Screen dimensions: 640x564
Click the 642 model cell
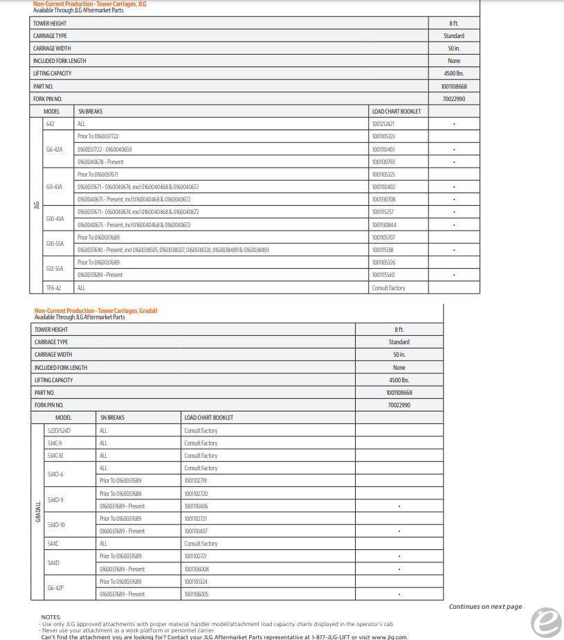pyautogui.click(x=51, y=124)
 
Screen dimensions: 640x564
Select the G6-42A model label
pyautogui.click(x=54, y=149)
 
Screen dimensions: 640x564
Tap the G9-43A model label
pyautogui.click(x=54, y=187)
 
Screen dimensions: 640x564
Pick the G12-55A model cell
pyautogui.click(x=55, y=269)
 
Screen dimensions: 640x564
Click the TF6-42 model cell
pyautogui.click(x=53, y=288)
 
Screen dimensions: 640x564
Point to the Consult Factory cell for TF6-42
pyautogui.click(x=388, y=288)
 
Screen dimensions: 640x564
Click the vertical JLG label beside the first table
pyautogui.click(x=36, y=205)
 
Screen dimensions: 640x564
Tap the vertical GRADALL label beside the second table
pyautogui.click(x=37, y=512)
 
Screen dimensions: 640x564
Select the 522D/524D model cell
pyautogui.click(x=59, y=431)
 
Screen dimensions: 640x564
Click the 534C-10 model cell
pyautogui.click(x=55, y=456)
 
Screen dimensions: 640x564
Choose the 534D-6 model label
pyautogui.click(x=55, y=474)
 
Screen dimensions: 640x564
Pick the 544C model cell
pyautogui.click(x=53, y=544)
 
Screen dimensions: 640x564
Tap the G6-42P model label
pyautogui.click(x=55, y=588)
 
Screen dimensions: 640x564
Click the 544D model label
pyautogui.click(x=53, y=563)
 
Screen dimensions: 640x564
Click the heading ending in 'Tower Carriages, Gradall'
pyautogui.click(x=95, y=311)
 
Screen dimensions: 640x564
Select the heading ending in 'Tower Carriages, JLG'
pyautogui.click(x=89, y=4)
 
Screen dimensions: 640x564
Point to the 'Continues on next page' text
pyautogui.click(x=485, y=607)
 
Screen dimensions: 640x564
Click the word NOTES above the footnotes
pyautogui.click(x=51, y=617)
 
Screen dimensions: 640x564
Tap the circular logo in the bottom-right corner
pyautogui.click(x=545, y=621)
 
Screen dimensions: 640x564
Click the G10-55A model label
pyautogui.click(x=55, y=244)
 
